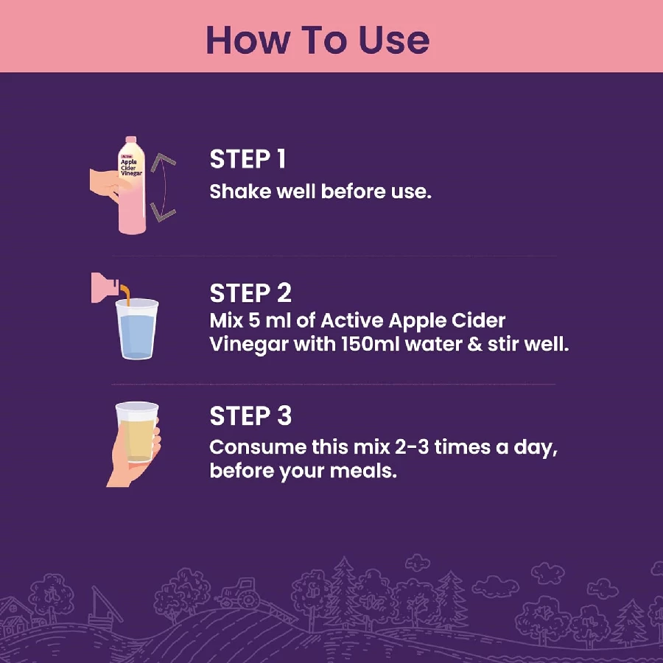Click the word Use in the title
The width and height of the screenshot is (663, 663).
pos(394,41)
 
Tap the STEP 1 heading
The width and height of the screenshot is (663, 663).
pos(248,159)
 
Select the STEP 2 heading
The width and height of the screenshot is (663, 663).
pos(250,293)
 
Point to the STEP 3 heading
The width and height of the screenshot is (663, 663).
pos(250,415)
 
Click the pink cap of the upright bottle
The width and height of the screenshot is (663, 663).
pos(131,140)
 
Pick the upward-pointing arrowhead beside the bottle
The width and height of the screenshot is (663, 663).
pos(162,161)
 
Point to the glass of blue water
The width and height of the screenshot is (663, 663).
pos(136,329)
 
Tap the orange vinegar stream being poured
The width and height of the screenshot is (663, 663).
pos(125,294)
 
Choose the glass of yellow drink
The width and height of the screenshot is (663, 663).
pos(136,432)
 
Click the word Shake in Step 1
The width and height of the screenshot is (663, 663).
pos(240,192)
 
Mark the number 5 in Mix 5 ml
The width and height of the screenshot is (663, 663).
pos(253,320)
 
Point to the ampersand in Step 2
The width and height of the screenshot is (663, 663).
pos(475,344)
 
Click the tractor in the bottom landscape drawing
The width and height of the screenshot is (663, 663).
pos(239,593)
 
